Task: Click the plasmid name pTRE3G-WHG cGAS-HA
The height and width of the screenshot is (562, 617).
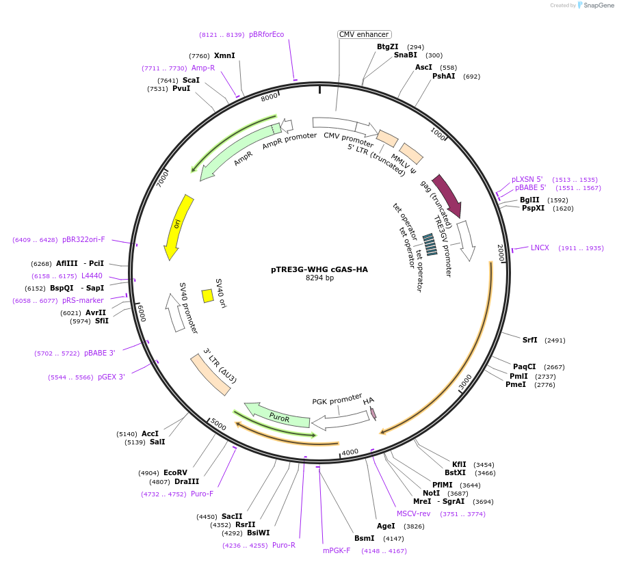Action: click(x=319, y=269)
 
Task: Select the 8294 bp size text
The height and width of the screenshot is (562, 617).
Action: click(x=319, y=278)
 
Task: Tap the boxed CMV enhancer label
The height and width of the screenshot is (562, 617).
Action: click(x=364, y=34)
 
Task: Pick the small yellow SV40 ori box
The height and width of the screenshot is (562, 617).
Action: click(x=207, y=295)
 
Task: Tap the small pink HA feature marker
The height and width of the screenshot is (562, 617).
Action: click(x=373, y=413)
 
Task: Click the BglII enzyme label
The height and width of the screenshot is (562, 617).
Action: click(x=529, y=200)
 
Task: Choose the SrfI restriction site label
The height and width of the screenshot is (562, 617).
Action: click(x=530, y=340)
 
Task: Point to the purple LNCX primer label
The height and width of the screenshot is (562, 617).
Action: click(x=540, y=248)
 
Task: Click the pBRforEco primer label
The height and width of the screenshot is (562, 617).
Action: click(x=266, y=34)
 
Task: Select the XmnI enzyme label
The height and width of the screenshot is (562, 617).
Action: click(x=224, y=56)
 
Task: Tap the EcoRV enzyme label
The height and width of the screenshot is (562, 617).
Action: click(x=175, y=472)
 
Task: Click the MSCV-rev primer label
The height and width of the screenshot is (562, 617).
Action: click(x=414, y=513)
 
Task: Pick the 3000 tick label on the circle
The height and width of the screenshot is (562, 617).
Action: click(x=465, y=383)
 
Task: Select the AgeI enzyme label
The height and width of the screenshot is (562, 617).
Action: click(x=386, y=526)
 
